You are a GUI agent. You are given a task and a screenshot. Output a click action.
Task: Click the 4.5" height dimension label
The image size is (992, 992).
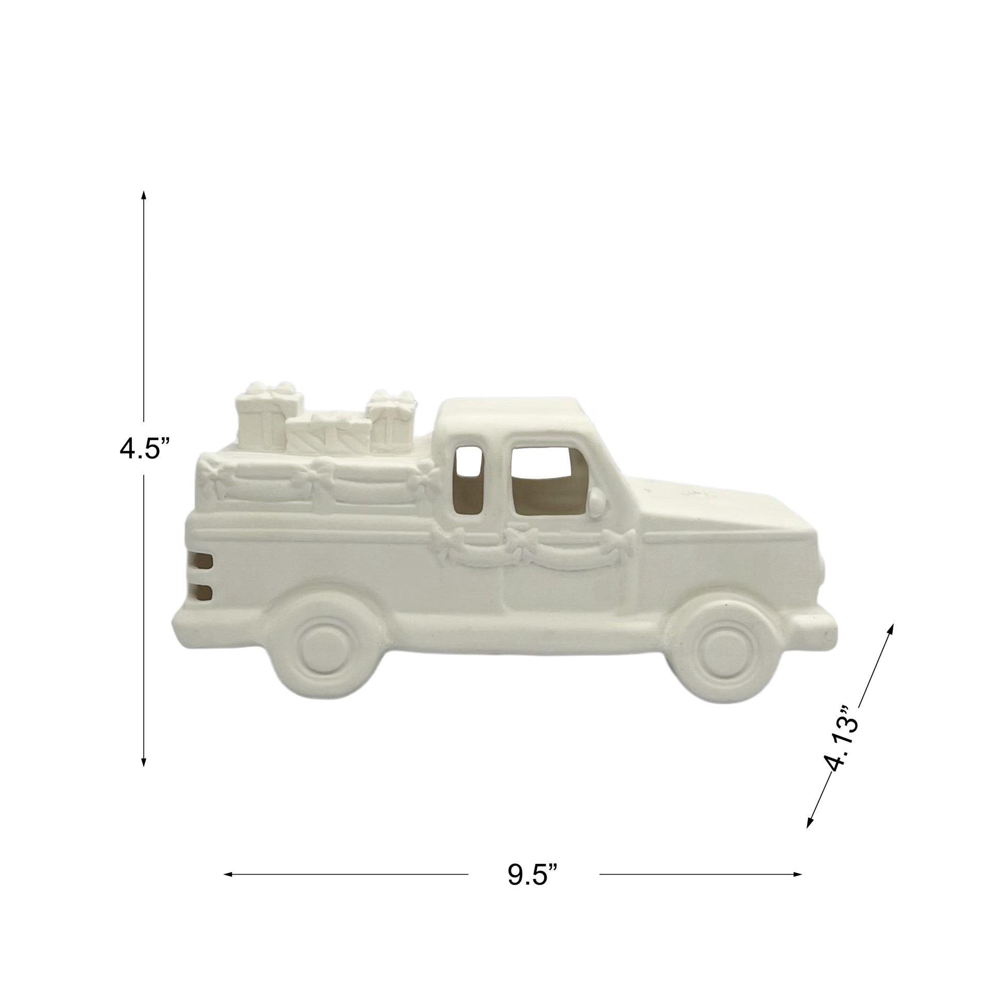[x=144, y=436]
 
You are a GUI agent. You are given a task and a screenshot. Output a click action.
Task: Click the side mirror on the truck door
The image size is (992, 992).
[x=597, y=500]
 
